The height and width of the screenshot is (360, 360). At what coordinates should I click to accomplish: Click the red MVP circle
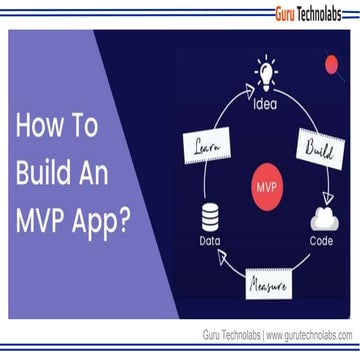coord(266,186)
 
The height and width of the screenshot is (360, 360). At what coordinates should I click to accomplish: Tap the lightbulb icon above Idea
coord(265,73)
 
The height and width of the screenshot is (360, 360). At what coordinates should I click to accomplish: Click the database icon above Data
coord(210,217)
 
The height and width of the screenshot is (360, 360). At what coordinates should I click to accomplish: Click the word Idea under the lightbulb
coord(266,101)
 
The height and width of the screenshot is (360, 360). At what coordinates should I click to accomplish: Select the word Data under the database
coord(210,241)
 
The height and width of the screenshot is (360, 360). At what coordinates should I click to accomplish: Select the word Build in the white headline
coord(45,174)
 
